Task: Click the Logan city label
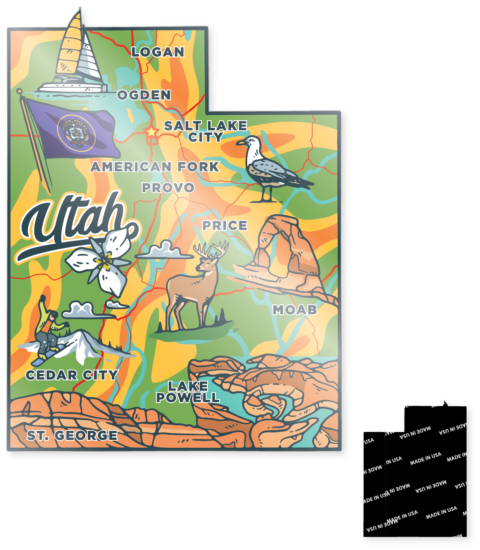pos(158,52)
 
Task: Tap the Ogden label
pos(144,95)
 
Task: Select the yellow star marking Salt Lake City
pos(151,132)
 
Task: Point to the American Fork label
pos(154,167)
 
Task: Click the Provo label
pos(168,188)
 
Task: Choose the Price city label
pos(224,225)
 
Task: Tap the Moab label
pos(295,310)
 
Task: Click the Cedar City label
pos(72,375)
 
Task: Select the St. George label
pos(72,435)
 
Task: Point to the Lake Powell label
pos(188,392)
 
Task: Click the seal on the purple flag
pos(76,132)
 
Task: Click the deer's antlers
pos(211,249)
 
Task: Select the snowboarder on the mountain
pos(47,330)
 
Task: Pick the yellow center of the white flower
pos(104,261)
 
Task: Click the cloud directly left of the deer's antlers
pos(164,251)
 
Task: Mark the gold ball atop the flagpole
pos(19,91)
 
